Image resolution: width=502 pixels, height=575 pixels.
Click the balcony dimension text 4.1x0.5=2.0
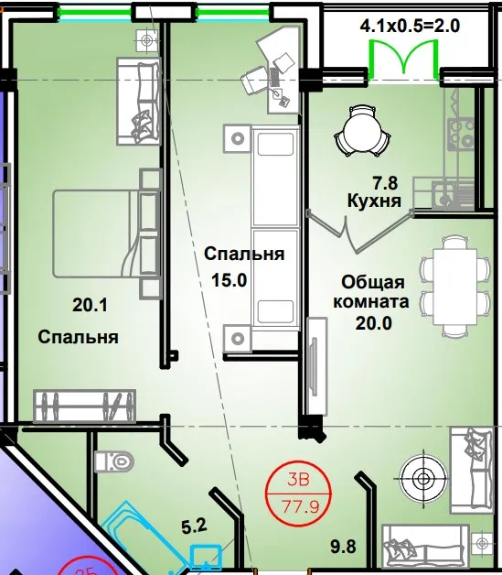410,27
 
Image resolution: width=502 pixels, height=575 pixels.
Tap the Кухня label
374,201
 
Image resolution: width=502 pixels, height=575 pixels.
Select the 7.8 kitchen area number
385,183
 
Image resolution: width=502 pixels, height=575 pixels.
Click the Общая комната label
371,292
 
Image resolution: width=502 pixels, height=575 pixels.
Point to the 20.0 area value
373,323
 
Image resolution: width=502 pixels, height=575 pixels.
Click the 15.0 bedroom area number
230,280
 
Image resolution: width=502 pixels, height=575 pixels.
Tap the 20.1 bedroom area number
90,305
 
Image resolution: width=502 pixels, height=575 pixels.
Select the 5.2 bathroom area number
194,526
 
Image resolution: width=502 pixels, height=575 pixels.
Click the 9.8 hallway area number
343,547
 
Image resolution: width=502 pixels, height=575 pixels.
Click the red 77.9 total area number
300,507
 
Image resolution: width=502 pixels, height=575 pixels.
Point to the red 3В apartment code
298,480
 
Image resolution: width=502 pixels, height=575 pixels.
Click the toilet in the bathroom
114,461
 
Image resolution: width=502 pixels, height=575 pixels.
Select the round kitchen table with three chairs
362,132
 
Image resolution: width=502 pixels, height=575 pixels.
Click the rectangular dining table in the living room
454,287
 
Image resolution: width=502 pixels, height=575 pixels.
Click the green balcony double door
403,59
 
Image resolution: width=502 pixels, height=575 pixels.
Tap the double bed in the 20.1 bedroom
106,233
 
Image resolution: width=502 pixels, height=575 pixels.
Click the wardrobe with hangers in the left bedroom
85,406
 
